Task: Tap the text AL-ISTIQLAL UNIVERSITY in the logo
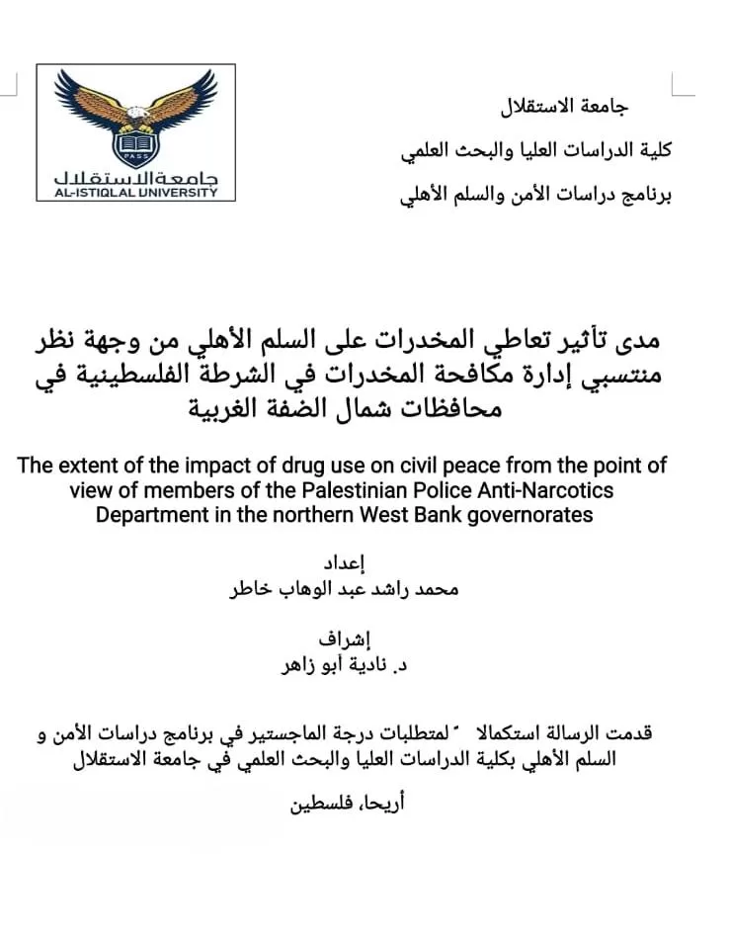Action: (x=136, y=192)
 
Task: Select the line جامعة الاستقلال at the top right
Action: (x=567, y=105)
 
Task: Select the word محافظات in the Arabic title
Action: (x=460, y=408)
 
